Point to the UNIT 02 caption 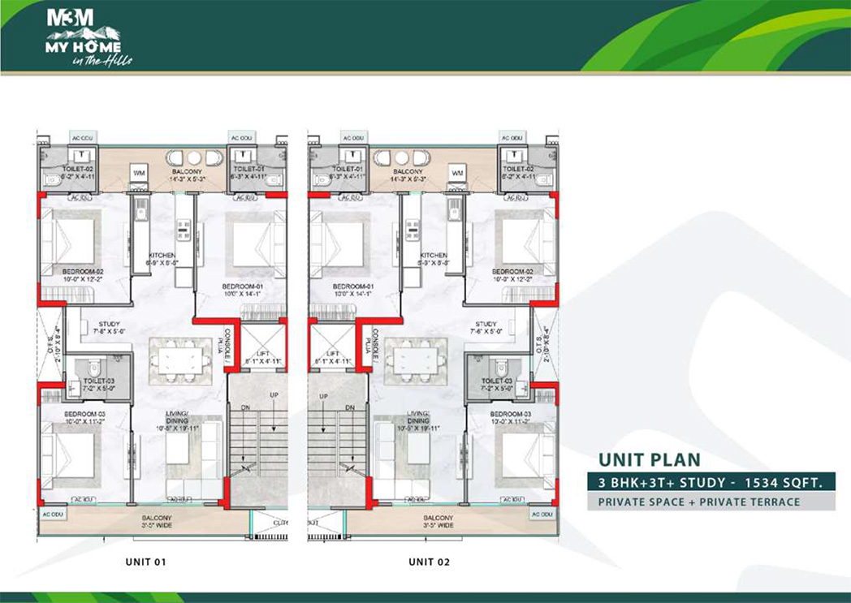429,561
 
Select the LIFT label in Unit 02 331,355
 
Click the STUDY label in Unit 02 486,324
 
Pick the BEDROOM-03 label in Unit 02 510,414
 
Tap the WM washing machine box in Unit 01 137,173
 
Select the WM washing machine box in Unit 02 456,173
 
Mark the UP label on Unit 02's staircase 323,396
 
